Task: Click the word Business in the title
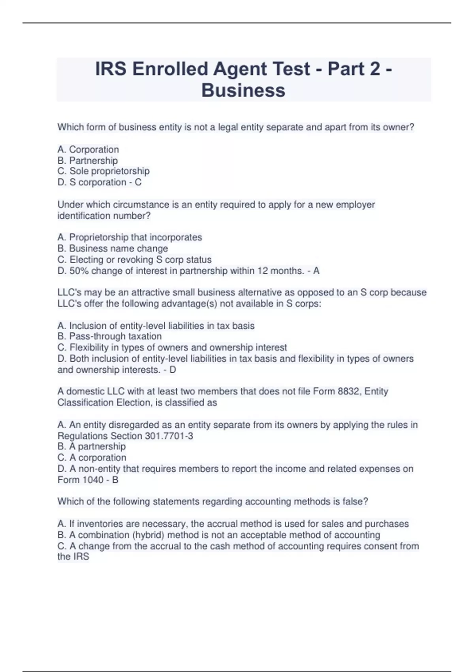coord(243,91)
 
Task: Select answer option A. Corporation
coord(88,149)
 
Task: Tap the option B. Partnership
coord(88,160)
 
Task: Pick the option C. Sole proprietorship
coord(103,171)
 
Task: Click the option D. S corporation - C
coord(100,182)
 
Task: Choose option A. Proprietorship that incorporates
coord(130,237)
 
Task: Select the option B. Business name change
coord(113,248)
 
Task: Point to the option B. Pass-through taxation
coord(109,336)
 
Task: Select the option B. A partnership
coord(92,446)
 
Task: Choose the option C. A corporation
coord(92,457)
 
